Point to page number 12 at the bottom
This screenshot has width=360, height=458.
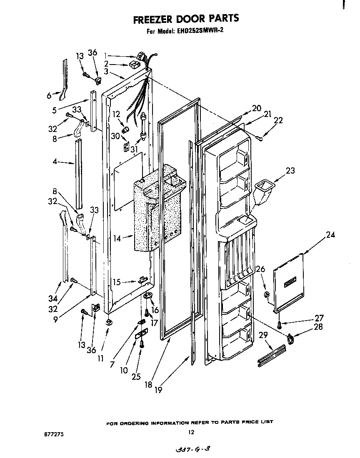point(190,432)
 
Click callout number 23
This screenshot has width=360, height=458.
point(290,170)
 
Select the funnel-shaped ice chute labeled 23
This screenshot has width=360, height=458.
point(262,190)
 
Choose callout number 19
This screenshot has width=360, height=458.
point(157,390)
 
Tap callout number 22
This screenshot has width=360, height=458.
point(278,120)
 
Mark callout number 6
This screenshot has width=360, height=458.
point(49,96)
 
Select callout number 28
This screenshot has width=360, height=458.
point(318,327)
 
